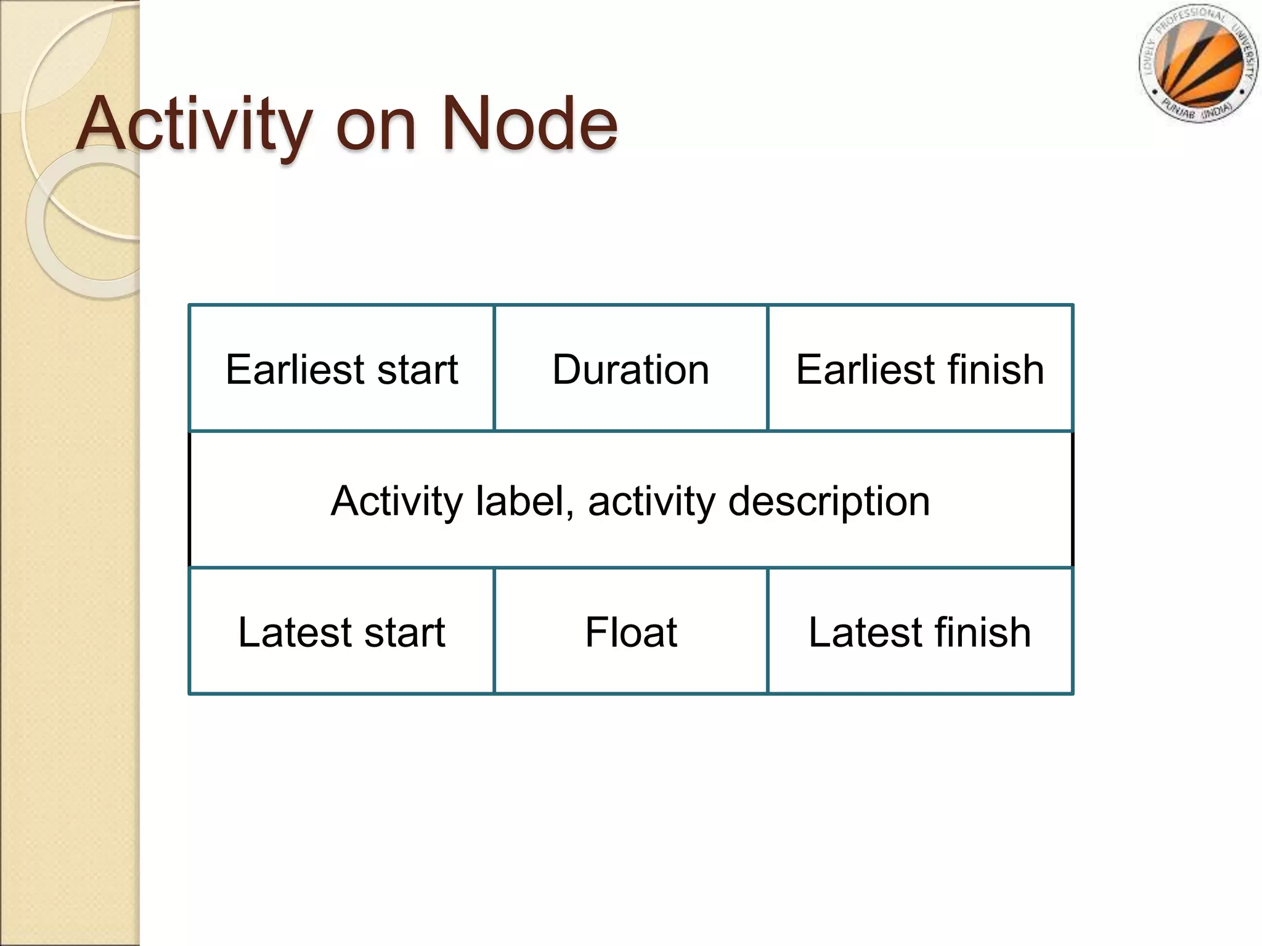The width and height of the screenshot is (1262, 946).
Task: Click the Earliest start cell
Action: coord(341,369)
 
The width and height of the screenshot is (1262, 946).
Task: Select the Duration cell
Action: coord(630,369)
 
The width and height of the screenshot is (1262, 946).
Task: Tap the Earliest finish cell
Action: coord(920,369)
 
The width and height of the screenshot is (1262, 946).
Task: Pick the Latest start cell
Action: coord(341,632)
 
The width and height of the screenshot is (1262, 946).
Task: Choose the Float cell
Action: coord(630,632)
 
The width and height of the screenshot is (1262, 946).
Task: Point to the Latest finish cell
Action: coord(920,632)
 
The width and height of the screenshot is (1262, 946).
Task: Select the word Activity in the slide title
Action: coord(195,125)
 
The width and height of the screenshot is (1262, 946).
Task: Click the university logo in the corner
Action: coord(1197,64)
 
